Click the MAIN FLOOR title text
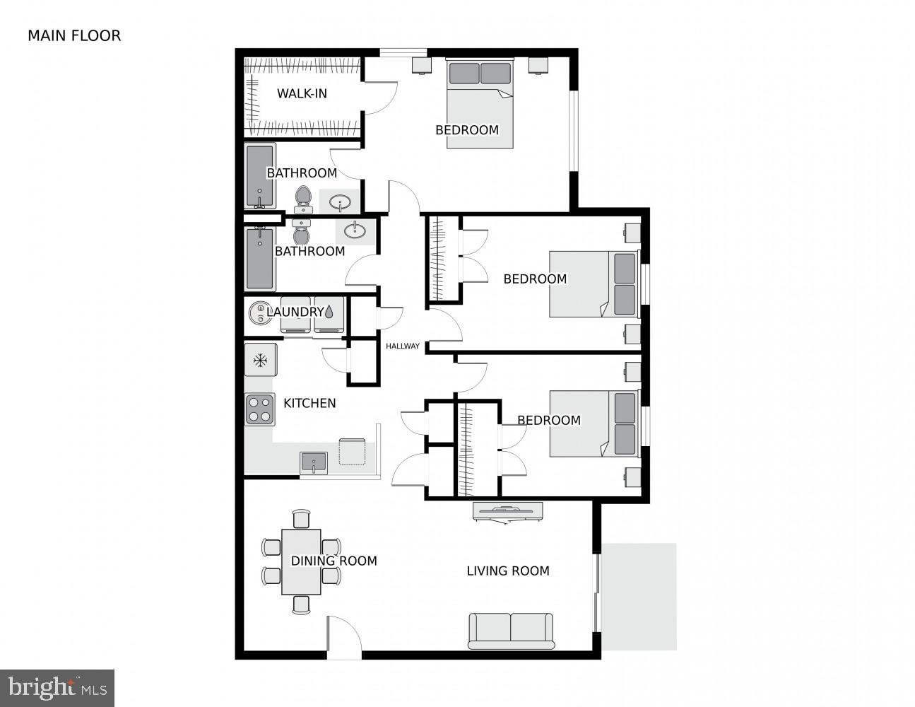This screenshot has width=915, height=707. (x=74, y=35)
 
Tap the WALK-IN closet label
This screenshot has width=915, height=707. (x=302, y=93)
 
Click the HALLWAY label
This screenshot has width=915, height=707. (x=403, y=346)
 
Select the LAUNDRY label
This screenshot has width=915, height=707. (x=295, y=312)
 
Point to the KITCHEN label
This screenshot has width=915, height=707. (x=309, y=403)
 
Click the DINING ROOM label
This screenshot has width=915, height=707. (x=333, y=561)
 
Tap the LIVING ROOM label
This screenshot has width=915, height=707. (x=508, y=571)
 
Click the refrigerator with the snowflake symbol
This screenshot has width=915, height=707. (x=260, y=361)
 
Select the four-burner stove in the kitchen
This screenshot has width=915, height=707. (x=259, y=409)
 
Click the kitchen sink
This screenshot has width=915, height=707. (x=314, y=462)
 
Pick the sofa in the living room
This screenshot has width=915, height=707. (x=511, y=631)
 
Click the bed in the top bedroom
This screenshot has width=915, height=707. (x=480, y=104)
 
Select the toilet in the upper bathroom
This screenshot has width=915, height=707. (x=303, y=198)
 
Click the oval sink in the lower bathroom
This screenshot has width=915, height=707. (x=355, y=230)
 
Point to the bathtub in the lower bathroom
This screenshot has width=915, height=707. (x=259, y=257)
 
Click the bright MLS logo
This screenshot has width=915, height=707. (x=57, y=688)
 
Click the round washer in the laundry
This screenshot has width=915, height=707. (x=259, y=312)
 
